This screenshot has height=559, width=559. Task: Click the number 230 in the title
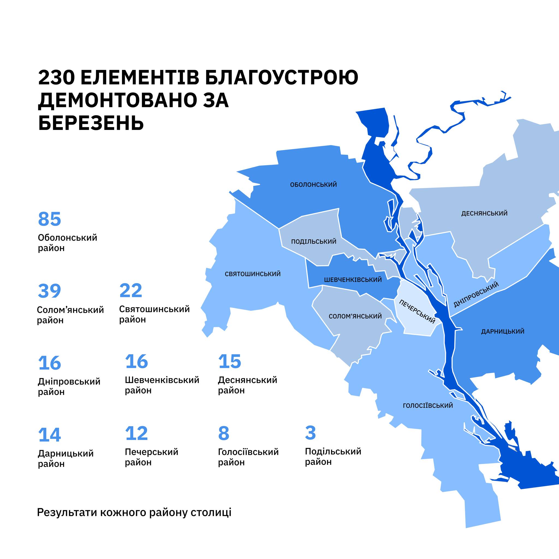click(57, 78)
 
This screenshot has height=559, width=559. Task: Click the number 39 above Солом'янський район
click(49, 291)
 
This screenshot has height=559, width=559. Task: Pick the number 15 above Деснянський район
click(230, 361)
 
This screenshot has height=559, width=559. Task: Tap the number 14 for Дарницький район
click(49, 435)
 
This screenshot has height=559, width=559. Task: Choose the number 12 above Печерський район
click(136, 433)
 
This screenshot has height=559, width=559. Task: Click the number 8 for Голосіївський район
click(223, 433)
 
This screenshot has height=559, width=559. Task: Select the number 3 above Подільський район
click(310, 433)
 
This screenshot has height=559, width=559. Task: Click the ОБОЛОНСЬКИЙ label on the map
click(313, 185)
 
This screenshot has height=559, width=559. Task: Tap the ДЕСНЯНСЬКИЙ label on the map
click(484, 213)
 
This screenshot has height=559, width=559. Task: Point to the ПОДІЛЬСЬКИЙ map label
click(314, 241)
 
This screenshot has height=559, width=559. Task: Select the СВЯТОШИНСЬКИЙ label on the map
click(252, 274)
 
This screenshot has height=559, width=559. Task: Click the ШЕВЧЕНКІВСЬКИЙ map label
click(353, 280)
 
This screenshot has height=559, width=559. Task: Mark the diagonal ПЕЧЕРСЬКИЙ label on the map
click(417, 312)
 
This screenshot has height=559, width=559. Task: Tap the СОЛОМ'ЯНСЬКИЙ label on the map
click(355, 316)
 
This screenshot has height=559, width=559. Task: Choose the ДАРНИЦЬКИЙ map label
click(502, 332)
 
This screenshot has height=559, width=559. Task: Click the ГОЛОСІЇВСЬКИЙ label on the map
click(428, 406)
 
